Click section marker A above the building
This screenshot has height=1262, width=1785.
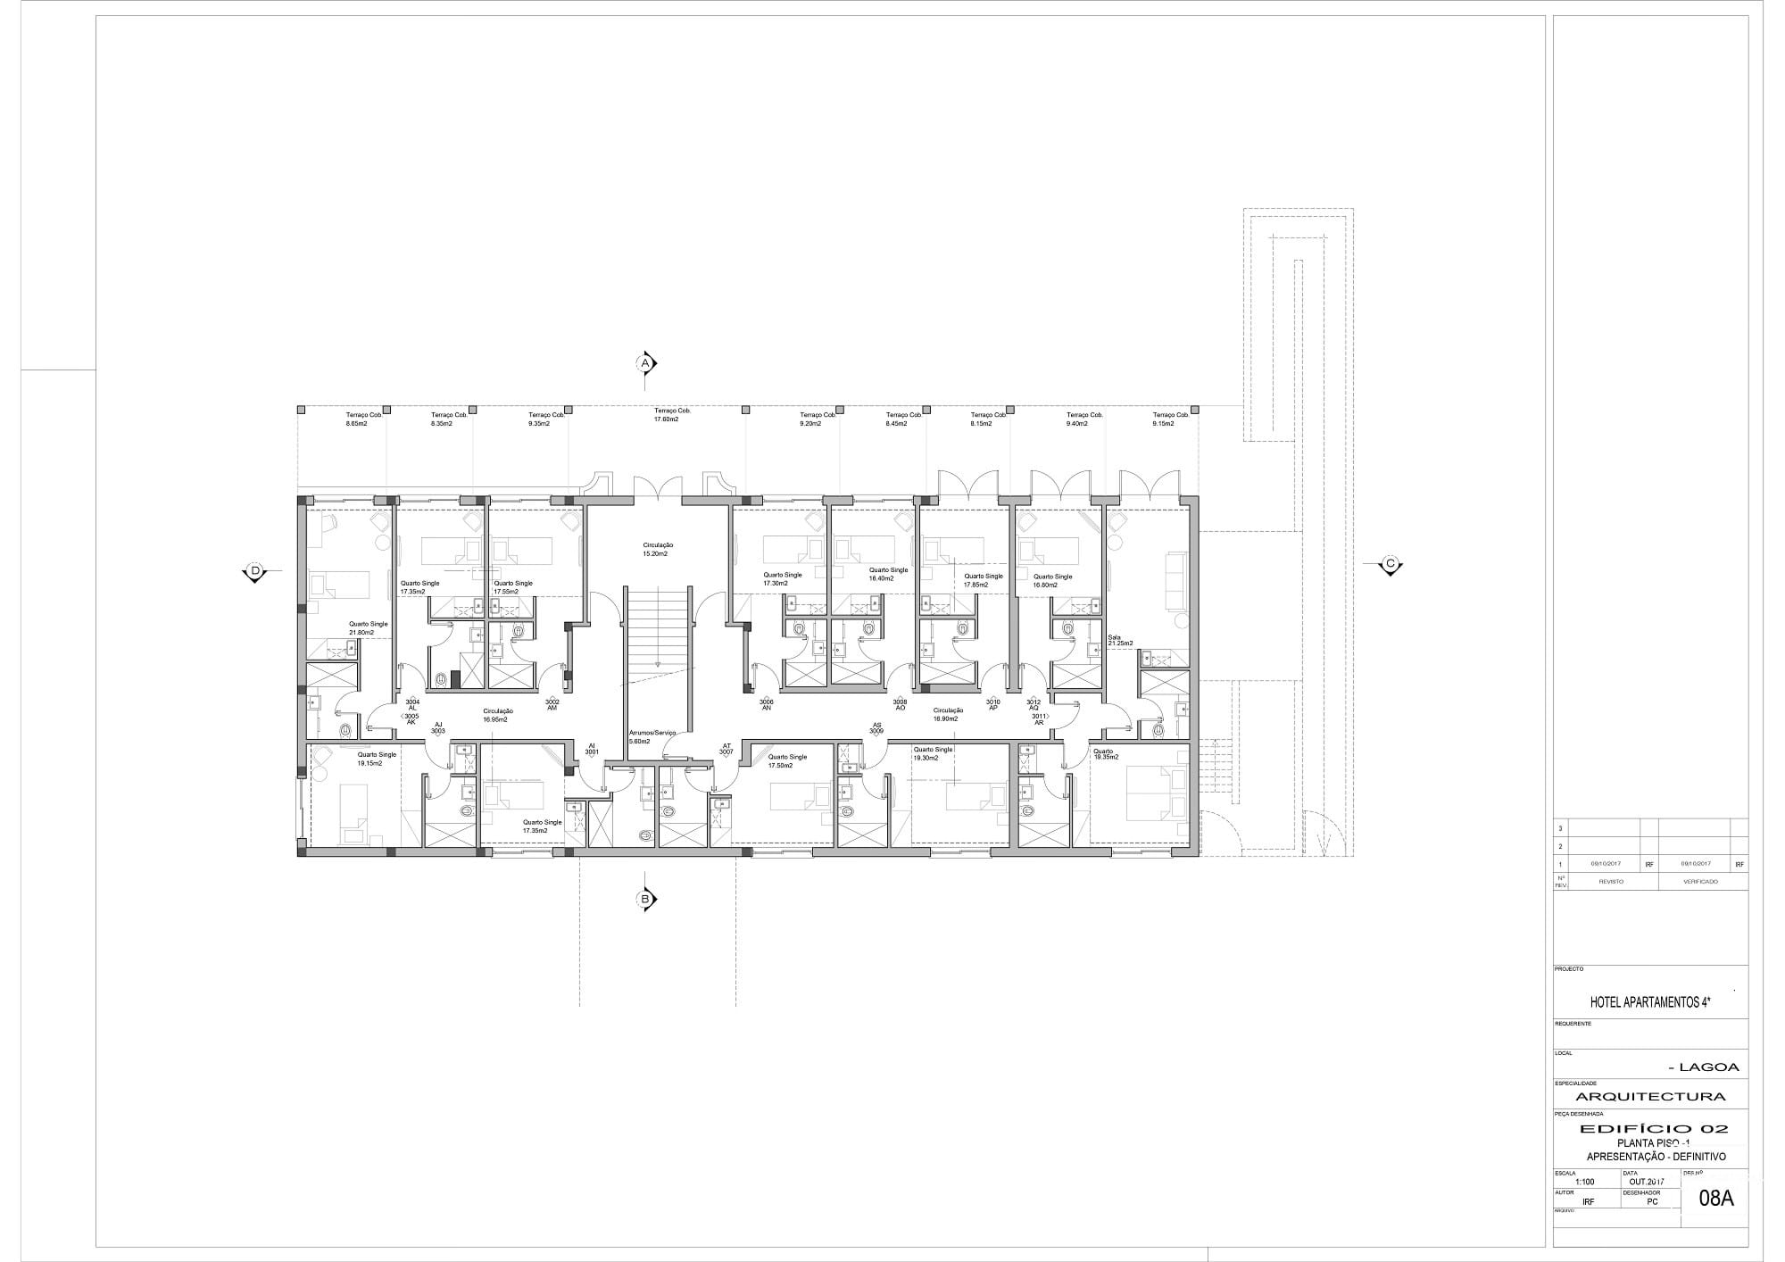point(645,363)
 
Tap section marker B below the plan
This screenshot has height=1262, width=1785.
point(645,899)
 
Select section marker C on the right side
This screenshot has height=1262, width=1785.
point(1390,564)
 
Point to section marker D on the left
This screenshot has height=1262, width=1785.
point(254,571)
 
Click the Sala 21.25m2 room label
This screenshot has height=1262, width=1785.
point(1120,641)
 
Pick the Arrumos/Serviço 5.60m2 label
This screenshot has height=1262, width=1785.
point(652,737)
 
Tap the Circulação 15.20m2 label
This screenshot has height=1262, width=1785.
point(657,549)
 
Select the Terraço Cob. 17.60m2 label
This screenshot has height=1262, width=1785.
point(672,414)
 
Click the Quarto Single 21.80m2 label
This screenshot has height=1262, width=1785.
point(368,628)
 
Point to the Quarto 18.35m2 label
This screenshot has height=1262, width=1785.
point(1104,755)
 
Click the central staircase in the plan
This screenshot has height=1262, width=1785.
point(658,629)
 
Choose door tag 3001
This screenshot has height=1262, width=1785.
point(591,749)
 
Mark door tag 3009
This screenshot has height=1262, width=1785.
point(876,728)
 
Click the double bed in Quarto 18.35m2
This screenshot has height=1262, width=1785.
point(1157,793)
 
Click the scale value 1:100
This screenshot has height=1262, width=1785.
point(1584,1182)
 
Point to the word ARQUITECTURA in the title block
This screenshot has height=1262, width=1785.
point(1650,1096)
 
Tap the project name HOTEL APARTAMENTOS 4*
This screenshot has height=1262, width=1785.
point(1649,1002)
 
